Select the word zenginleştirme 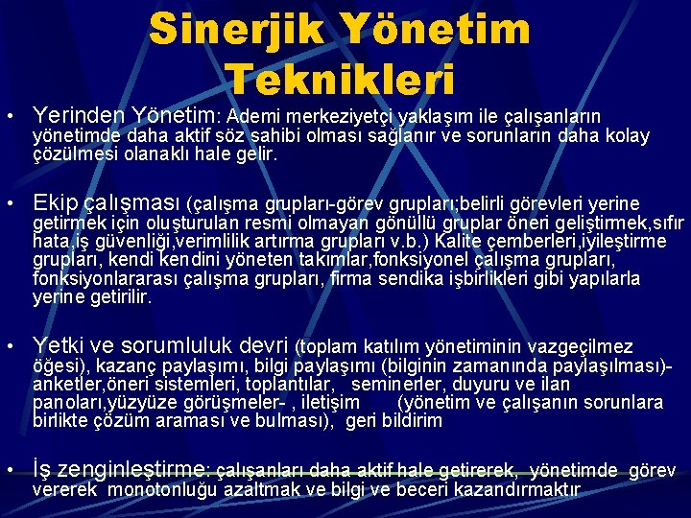tap(133, 469)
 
